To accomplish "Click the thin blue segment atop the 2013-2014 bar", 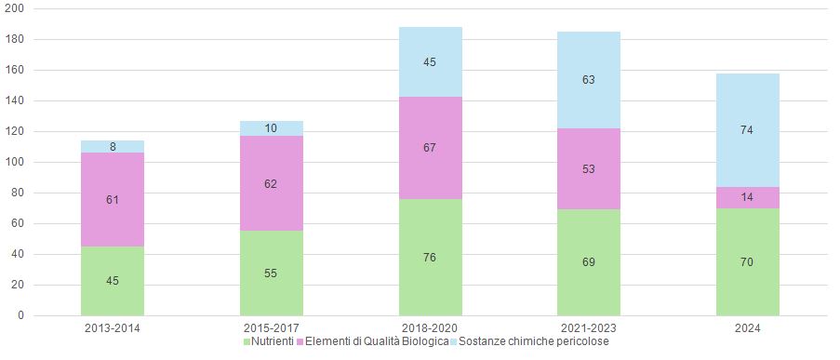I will tap(113, 146).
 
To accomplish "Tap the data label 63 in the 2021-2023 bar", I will tap(589, 80).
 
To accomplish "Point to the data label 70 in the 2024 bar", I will tap(747, 262).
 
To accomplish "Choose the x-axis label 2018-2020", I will tap(430, 328).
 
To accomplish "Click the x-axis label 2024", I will tap(747, 328).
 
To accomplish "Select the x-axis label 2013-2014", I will tap(113, 328).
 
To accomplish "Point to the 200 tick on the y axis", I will tap(16, 8).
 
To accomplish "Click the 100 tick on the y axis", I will tap(16, 162).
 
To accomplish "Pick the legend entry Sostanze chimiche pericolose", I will tap(534, 342).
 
